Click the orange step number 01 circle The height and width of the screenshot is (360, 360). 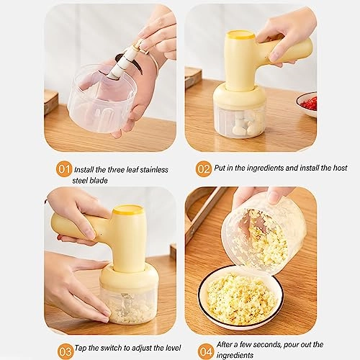tap(64, 168)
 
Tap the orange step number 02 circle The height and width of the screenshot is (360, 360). tap(204, 168)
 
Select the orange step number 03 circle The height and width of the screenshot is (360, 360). tap(65, 351)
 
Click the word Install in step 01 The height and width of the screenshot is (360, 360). tap(88, 169)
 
